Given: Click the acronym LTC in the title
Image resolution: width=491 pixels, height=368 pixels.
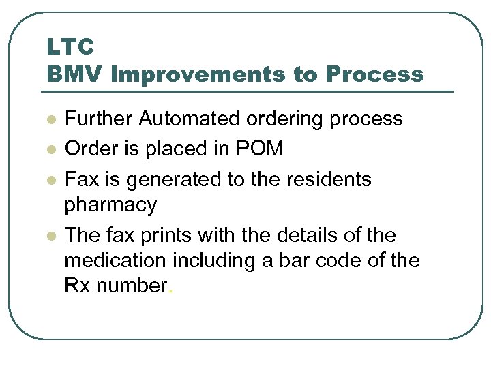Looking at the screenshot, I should [70, 47].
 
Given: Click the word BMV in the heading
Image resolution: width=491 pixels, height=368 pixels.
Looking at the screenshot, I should [74, 74].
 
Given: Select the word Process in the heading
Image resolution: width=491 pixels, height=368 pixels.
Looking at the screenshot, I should [374, 74].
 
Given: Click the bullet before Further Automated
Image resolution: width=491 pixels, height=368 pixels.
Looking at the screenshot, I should [50, 119].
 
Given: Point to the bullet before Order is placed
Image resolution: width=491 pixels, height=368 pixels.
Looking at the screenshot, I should [50, 149].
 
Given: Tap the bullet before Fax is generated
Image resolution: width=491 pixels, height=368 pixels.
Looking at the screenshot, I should [50, 180].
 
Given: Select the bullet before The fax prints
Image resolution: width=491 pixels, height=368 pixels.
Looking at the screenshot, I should [50, 236].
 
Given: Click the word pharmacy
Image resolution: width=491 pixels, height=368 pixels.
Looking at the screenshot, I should [110, 205].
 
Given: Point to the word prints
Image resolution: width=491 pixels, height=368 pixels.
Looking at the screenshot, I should [171, 236].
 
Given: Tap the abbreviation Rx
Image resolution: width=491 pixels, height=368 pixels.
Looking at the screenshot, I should [77, 286].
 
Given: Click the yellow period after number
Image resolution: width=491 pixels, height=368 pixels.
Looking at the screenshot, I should [170, 290].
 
